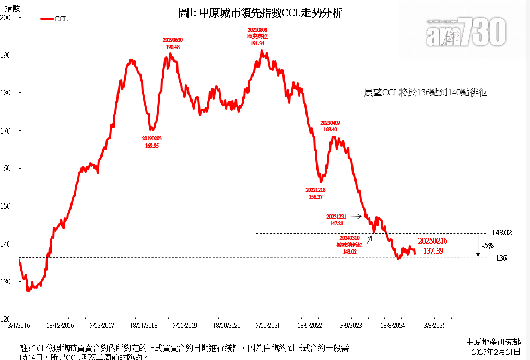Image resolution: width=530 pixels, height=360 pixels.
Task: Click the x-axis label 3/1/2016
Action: tap(19, 325)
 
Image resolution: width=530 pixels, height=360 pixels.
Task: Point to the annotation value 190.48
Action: tap(172, 47)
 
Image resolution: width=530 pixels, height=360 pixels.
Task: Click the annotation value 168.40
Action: tap(331, 129)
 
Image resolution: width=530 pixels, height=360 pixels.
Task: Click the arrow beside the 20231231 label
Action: tap(356, 216)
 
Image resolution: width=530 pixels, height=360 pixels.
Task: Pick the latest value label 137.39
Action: tap(433, 251)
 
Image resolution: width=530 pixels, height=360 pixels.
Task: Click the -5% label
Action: tap(488, 245)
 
